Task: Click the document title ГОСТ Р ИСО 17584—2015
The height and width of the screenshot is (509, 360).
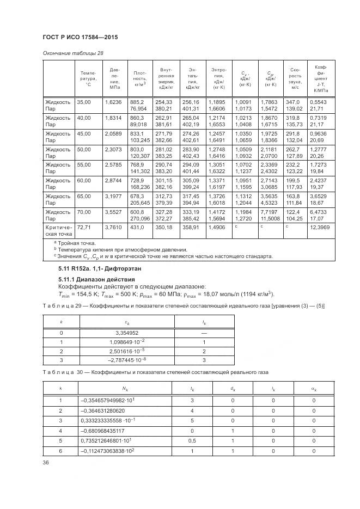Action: tap(80, 36)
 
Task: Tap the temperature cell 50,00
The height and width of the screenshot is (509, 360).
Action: tap(84, 149)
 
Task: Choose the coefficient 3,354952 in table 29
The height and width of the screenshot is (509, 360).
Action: tap(126, 332)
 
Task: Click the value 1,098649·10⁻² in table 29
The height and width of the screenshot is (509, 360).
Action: tap(127, 341)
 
